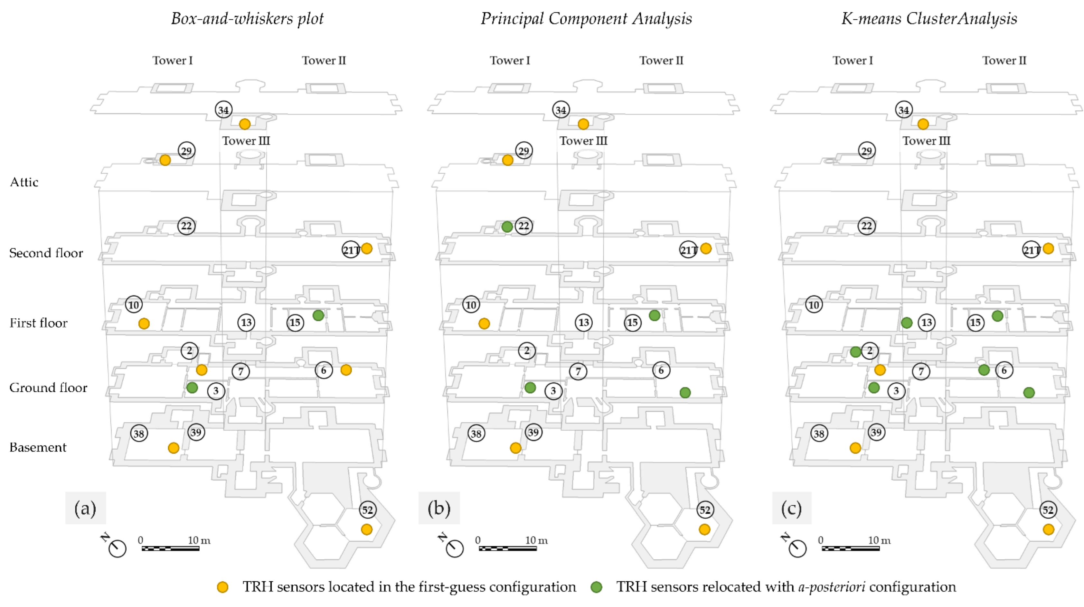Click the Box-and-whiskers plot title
click(247, 19)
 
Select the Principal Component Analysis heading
click(586, 19)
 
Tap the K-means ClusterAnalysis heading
click(929, 19)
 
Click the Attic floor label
click(24, 182)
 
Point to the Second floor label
click(46, 253)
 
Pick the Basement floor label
click(38, 447)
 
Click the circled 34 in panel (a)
click(223, 110)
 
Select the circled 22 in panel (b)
click(523, 226)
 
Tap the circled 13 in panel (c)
click(927, 322)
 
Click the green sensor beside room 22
click(507, 227)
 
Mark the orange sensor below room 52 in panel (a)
click(366, 529)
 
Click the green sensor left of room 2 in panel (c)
click(855, 352)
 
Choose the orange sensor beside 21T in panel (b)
click(706, 248)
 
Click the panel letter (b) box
click(439, 508)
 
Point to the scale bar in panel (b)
click(507, 548)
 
